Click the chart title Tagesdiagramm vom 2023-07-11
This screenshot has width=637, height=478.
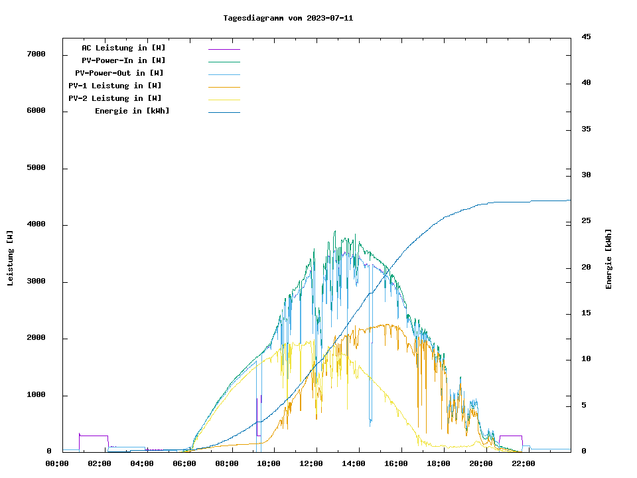point(288,18)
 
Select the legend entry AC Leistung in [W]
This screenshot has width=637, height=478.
point(123,48)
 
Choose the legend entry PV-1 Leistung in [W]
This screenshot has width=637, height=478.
point(115,86)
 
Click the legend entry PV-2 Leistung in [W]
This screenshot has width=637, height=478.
point(115,98)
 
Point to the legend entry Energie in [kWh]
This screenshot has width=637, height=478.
point(132,111)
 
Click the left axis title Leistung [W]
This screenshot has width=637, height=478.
point(10,258)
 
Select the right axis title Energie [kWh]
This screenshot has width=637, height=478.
point(608,259)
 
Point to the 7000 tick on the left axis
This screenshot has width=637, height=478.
point(36,54)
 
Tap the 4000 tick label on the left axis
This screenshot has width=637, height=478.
point(36,224)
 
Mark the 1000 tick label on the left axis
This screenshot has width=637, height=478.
point(36,395)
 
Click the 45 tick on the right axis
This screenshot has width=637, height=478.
point(586,37)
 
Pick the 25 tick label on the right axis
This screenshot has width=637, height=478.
point(586,221)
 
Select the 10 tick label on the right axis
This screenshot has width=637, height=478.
point(586,359)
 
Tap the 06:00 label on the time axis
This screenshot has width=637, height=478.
point(184,463)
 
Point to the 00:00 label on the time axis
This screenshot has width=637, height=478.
point(57,463)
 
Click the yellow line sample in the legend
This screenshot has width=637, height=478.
point(224,100)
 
